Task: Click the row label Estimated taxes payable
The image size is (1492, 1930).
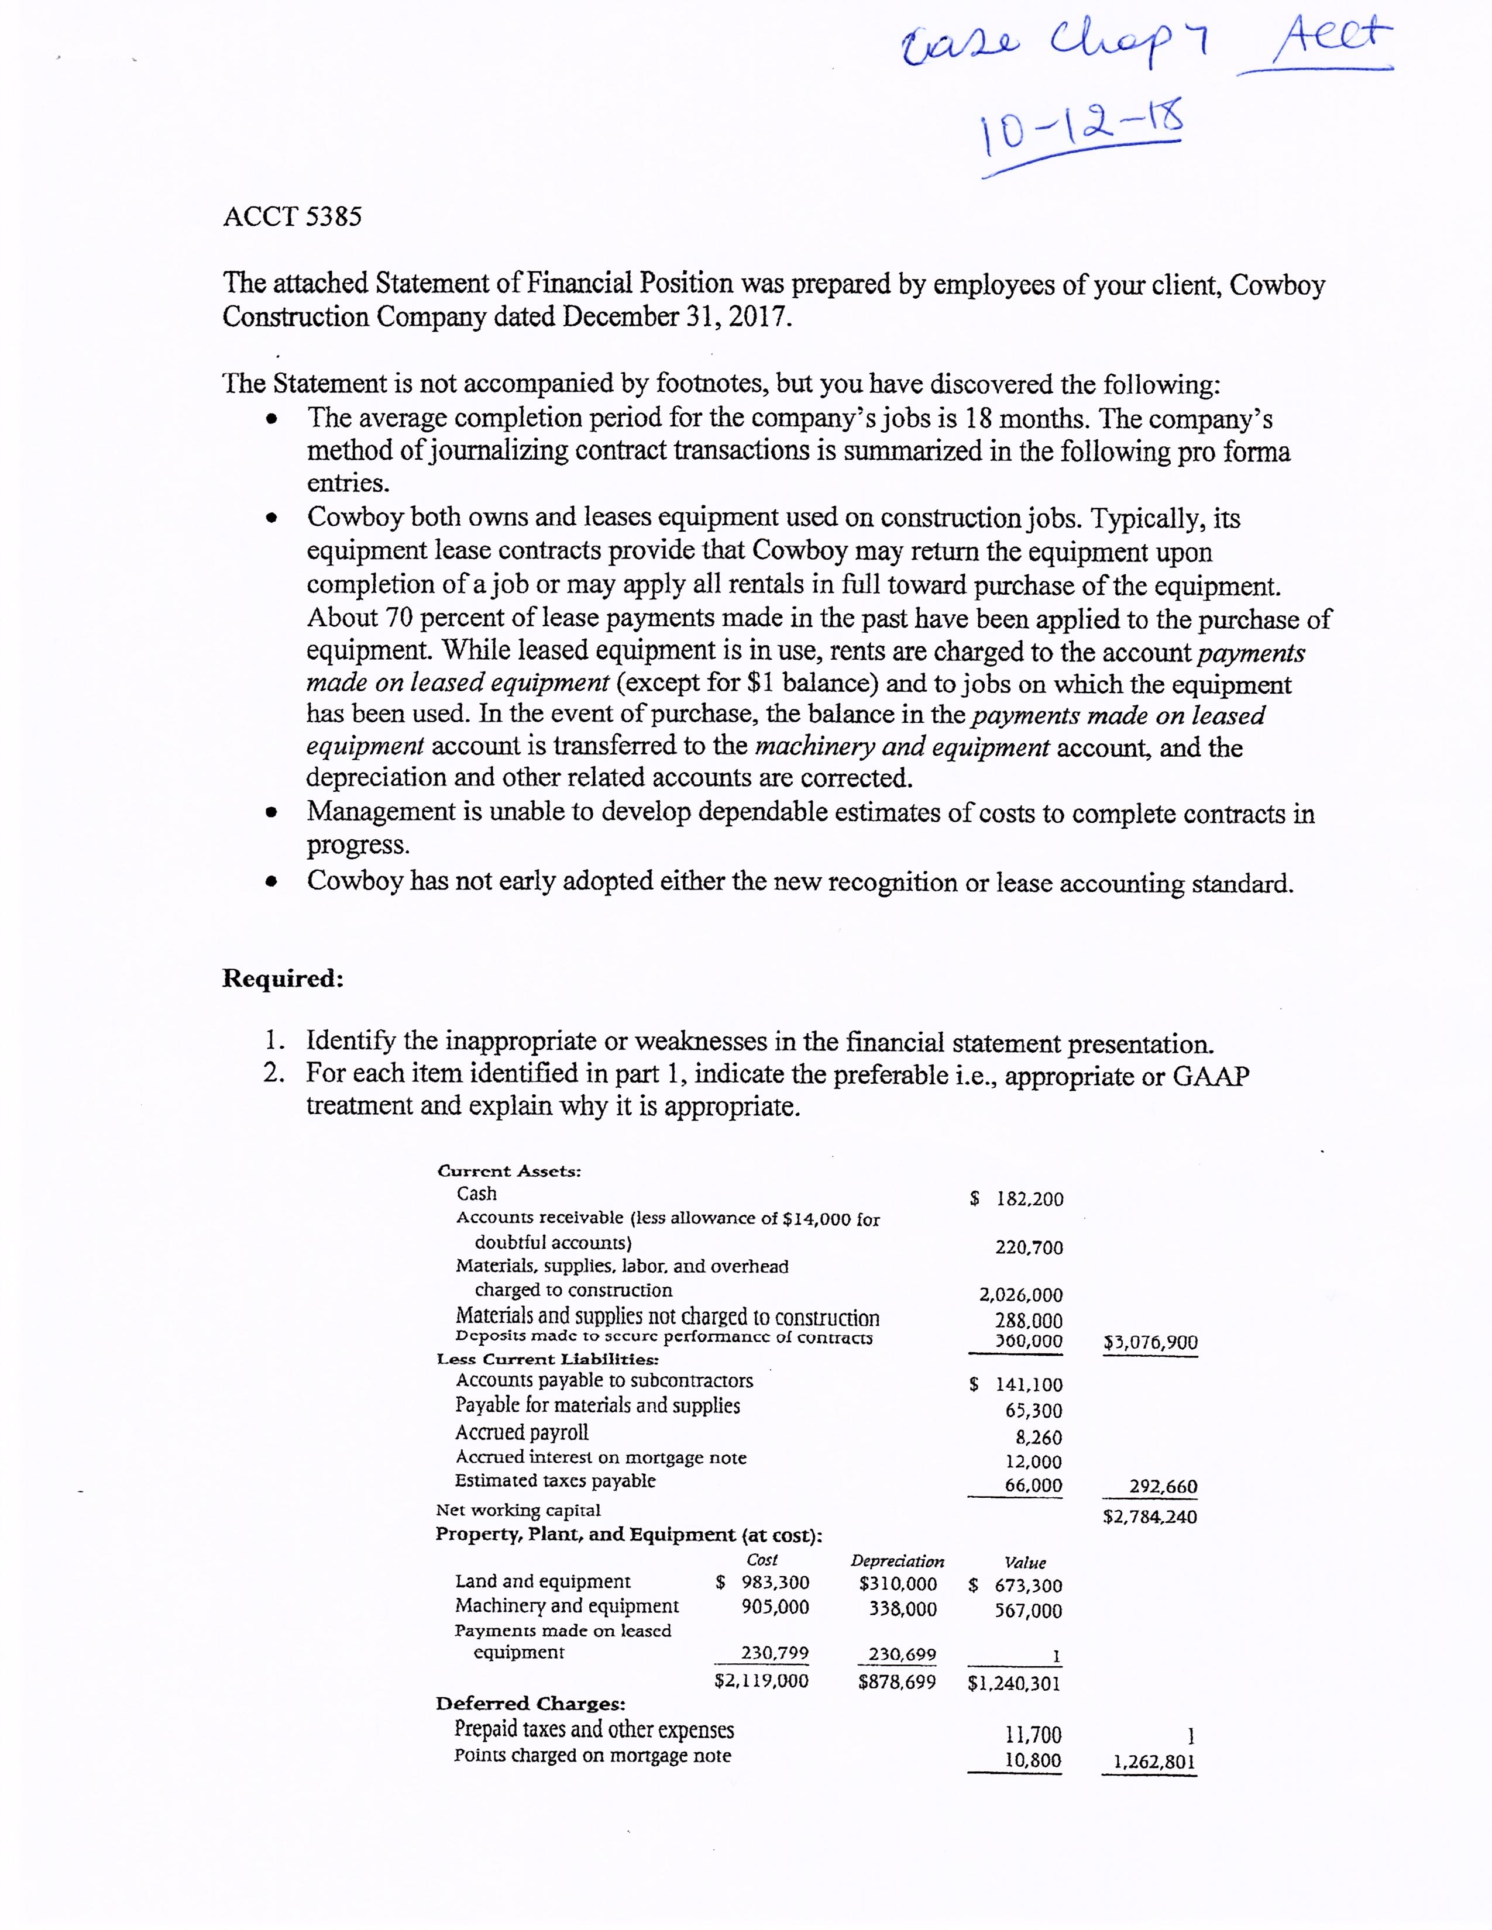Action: click(555, 1480)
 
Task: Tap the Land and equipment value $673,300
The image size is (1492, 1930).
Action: click(1016, 1586)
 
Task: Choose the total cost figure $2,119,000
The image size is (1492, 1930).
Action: click(761, 1681)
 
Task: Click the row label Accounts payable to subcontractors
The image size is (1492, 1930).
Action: click(604, 1380)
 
